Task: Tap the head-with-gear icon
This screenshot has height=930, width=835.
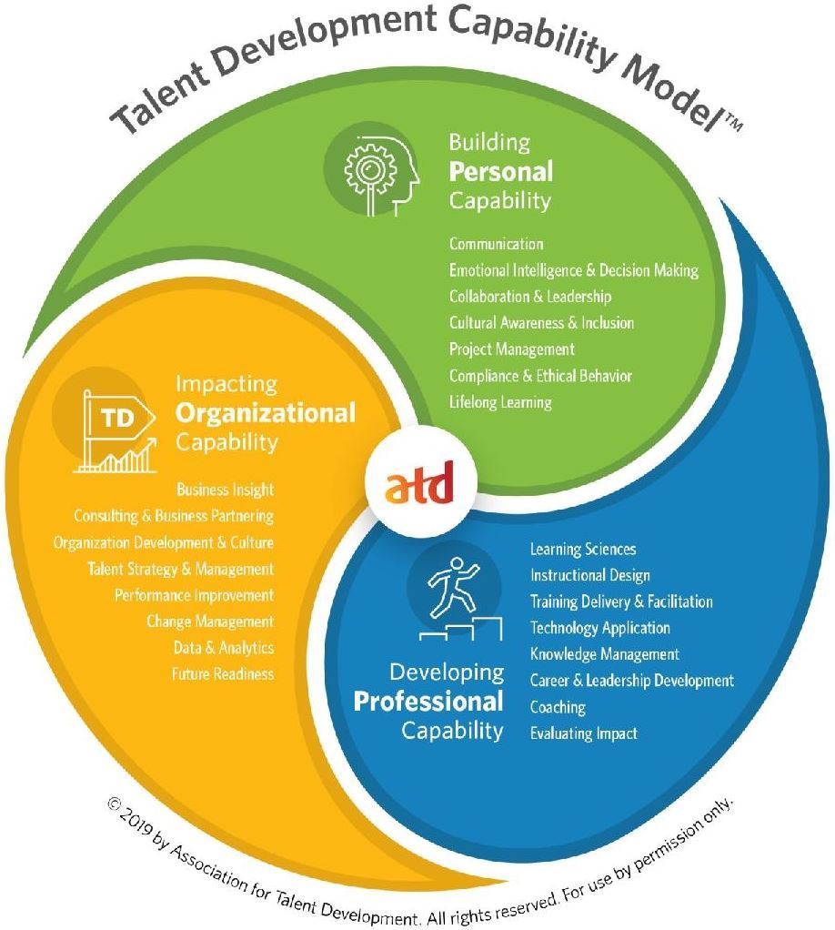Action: click(376, 170)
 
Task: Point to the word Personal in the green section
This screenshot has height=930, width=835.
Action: click(500, 171)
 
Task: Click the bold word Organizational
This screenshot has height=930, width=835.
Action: click(265, 413)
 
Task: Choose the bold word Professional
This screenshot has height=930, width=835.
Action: click(428, 702)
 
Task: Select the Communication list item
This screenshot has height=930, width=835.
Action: click(496, 244)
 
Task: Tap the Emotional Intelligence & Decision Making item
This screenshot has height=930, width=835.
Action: click(573, 270)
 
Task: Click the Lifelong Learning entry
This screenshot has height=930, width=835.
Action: click(499, 401)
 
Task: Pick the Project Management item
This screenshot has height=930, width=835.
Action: click(511, 349)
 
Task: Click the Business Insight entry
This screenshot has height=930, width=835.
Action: click(225, 490)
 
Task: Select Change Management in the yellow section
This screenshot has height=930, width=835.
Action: click(209, 622)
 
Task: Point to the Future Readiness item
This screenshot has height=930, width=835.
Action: click(222, 674)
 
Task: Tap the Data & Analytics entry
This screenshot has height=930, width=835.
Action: click(223, 648)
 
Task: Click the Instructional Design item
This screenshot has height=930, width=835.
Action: click(589, 575)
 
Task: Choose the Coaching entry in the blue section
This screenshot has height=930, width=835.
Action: click(558, 707)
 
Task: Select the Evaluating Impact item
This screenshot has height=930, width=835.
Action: click(583, 733)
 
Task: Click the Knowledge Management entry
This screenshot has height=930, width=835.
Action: click(604, 654)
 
